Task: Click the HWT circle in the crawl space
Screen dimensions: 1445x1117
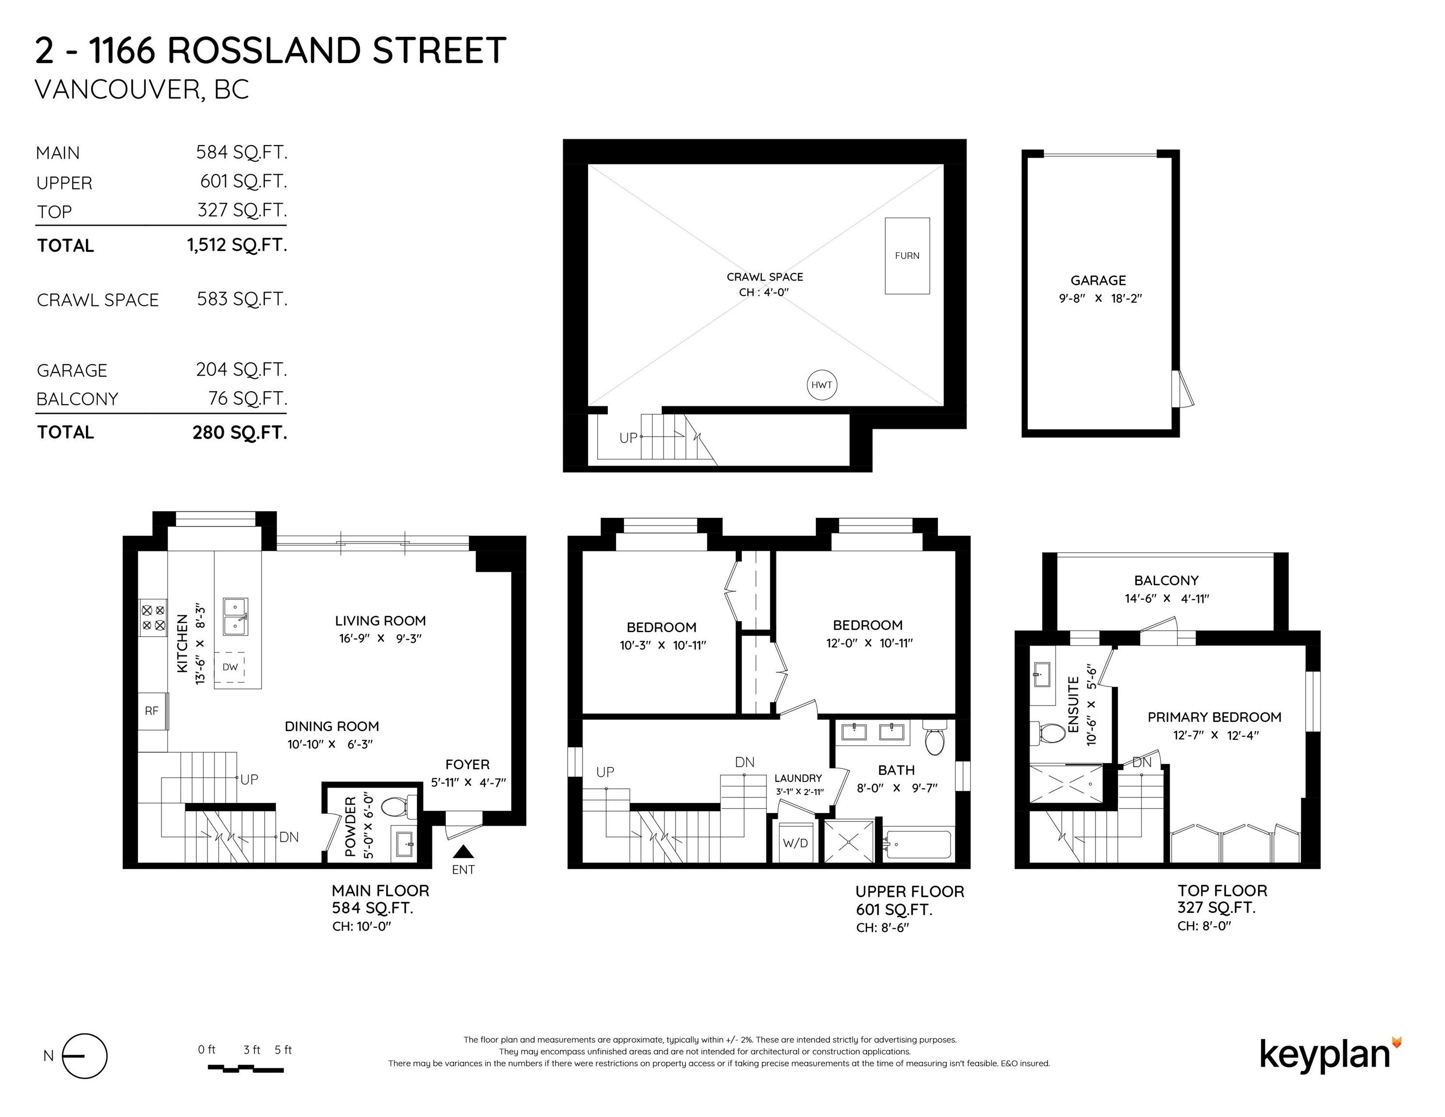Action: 822,385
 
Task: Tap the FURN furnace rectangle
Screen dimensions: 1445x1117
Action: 907,255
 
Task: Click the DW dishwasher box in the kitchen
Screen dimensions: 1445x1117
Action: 230,667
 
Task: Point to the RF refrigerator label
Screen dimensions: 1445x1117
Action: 152,711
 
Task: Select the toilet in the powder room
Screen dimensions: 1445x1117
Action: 397,807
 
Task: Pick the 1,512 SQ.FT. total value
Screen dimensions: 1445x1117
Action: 237,245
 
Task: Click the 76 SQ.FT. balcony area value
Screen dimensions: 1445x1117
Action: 247,399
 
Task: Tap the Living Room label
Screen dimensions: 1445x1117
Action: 381,621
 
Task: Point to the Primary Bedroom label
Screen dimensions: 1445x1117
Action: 1215,718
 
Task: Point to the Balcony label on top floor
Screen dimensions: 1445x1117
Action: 1166,580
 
